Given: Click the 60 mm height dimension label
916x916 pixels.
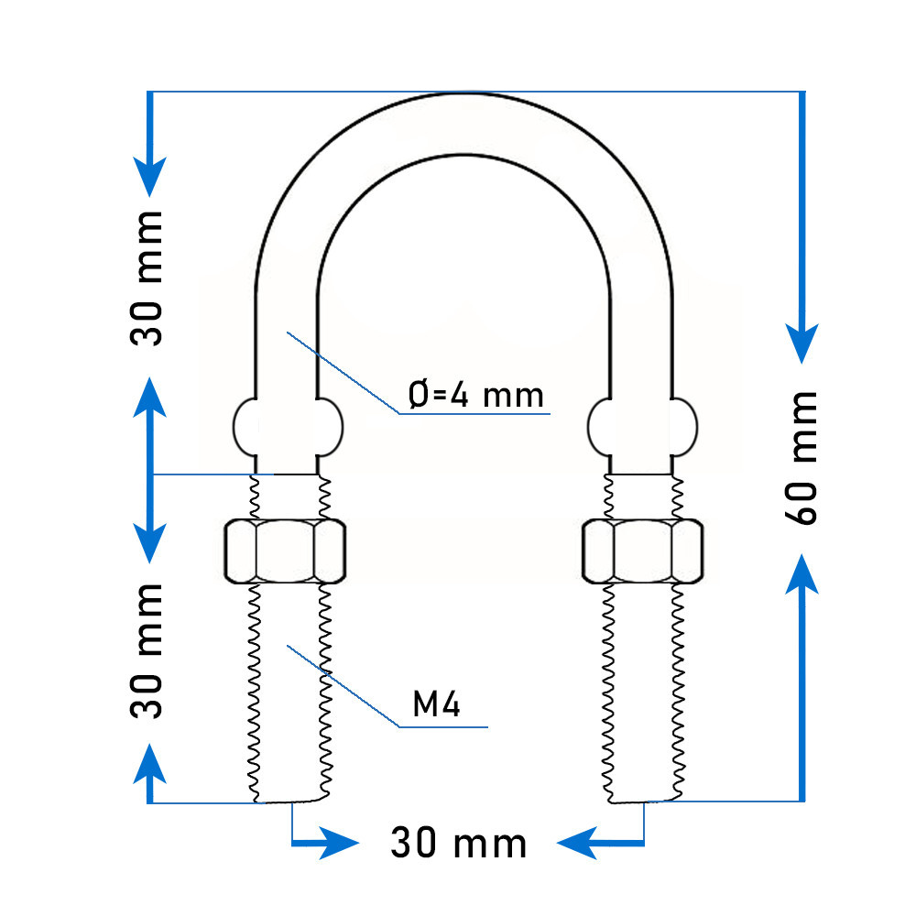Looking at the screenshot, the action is coord(801,459).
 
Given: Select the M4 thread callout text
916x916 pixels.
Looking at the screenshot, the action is coord(436,703).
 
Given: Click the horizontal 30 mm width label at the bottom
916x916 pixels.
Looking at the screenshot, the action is coord(459,843).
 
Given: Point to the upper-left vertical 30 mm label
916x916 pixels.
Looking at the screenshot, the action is coord(146,278).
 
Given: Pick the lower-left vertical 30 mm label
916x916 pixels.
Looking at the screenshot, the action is coord(146,650).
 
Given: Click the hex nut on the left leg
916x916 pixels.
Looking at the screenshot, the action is coord(285,551).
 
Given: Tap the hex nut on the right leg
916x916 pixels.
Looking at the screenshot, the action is coord(643,551).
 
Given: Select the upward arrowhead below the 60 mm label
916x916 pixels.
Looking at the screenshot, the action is coord(802,574).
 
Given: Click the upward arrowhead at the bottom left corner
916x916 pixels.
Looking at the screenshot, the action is coord(150,763).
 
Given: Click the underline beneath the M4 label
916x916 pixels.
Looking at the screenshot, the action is coord(443,726).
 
